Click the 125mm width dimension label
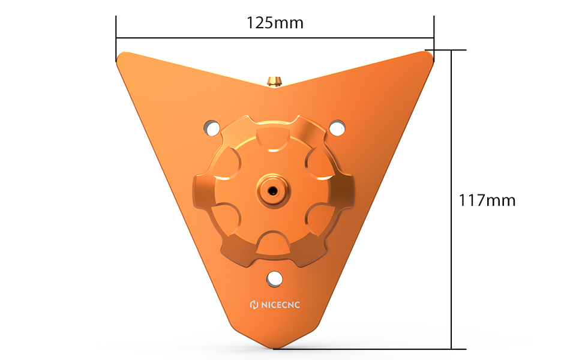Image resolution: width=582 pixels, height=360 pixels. (x=275, y=23)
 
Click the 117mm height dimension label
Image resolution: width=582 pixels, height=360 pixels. (x=487, y=200)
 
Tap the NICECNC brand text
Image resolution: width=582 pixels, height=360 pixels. (x=280, y=305)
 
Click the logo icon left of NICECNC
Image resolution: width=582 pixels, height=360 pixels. (x=254, y=305)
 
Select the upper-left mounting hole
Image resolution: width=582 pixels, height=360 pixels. (x=212, y=128)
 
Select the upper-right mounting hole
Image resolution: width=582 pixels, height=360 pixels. (x=337, y=128)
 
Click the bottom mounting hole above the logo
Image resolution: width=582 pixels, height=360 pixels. (x=274, y=279)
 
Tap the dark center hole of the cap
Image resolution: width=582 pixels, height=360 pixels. (x=273, y=191)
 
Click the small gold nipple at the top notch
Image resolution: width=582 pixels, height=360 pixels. (x=274, y=81)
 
